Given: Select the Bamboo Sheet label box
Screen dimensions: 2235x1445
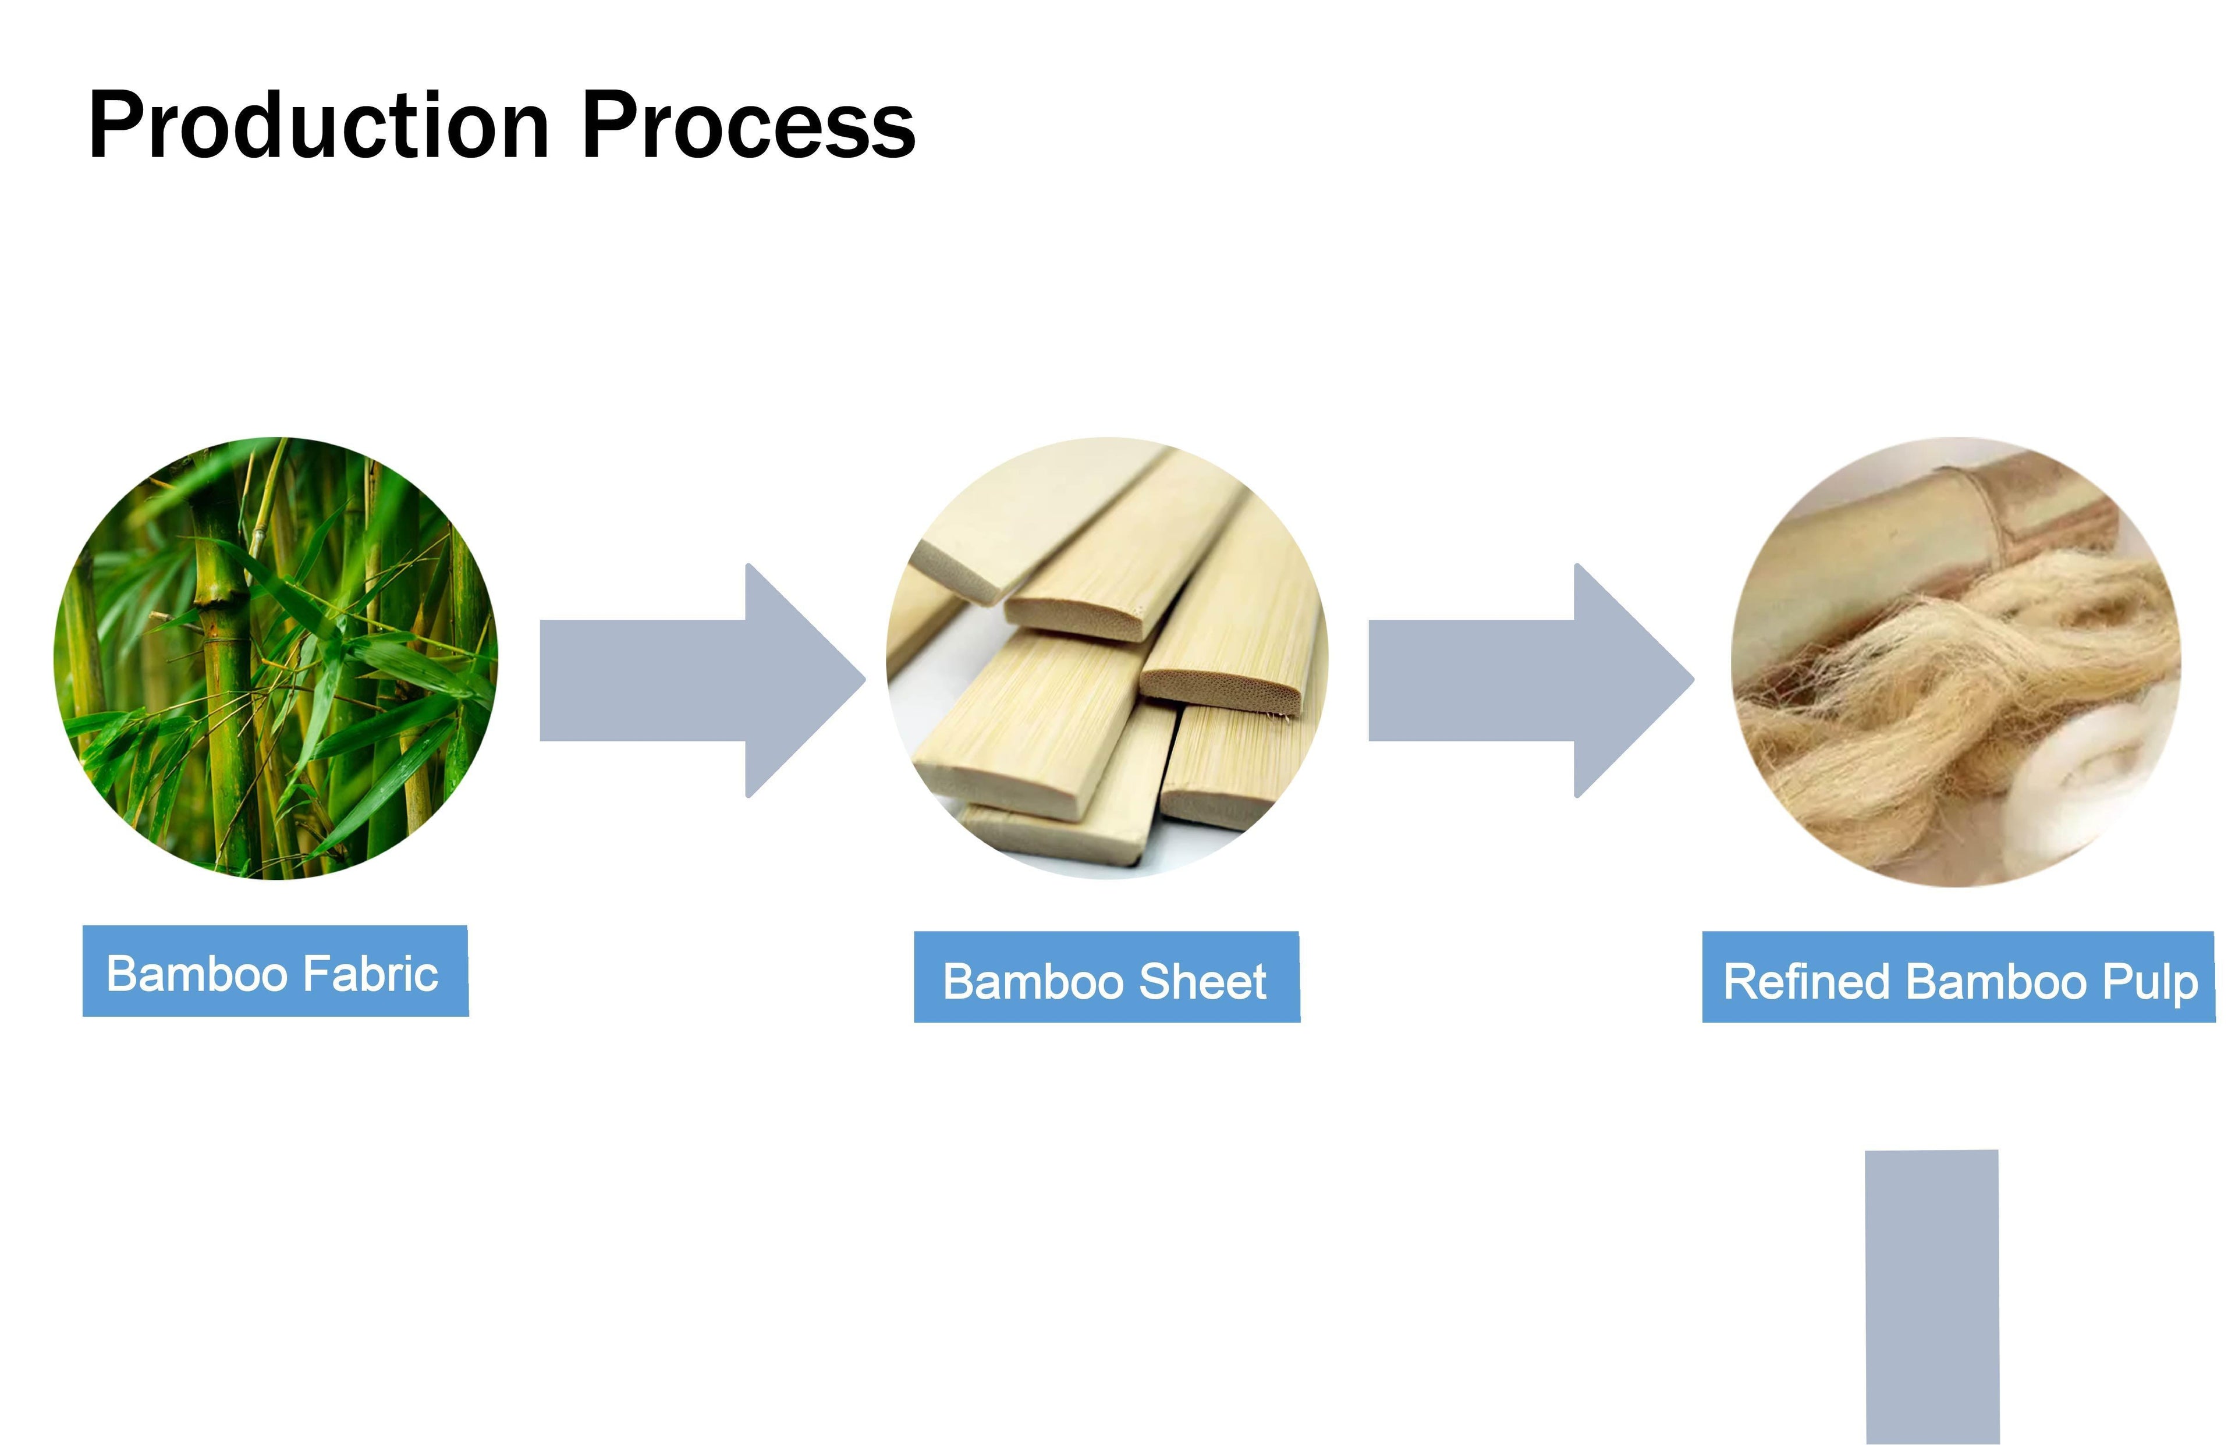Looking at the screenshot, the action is [1106, 977].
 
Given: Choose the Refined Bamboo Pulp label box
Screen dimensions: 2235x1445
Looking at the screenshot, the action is [1958, 977].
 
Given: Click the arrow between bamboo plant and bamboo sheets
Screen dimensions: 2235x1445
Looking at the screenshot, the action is [702, 680].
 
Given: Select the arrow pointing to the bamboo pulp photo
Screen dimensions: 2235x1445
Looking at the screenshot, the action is [1531, 680].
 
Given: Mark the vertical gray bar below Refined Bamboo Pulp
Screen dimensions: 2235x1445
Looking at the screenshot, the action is [1932, 1297].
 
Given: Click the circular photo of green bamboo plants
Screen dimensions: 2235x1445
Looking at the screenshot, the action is [276, 658].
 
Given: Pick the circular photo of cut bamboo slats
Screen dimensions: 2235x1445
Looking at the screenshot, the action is [1107, 658].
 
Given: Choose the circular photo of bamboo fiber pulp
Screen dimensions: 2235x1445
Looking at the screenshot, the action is [1956, 662].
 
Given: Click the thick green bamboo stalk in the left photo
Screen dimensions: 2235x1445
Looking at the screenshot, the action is [221, 657].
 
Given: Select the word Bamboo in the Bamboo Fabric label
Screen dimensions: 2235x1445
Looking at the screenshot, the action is [197, 974].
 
